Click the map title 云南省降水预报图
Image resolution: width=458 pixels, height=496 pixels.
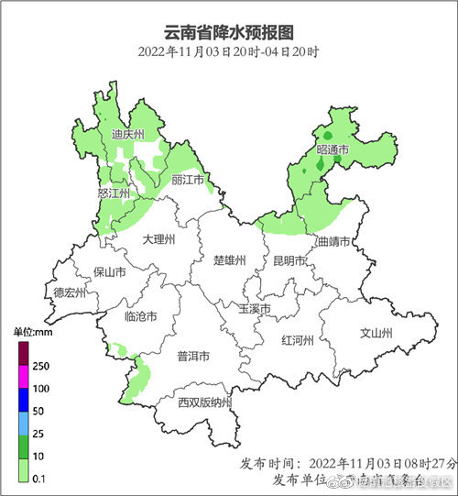(229, 31)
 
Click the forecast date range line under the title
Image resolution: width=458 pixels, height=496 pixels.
(229, 51)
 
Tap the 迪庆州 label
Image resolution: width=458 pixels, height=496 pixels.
(127, 135)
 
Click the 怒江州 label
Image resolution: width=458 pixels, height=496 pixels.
(114, 193)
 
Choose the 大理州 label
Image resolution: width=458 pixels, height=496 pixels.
(158, 238)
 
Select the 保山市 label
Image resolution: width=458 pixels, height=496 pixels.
(110, 272)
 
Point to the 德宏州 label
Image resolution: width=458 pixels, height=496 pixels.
(69, 293)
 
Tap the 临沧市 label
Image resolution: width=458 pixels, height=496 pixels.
(139, 316)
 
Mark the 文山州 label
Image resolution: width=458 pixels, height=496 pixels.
(375, 334)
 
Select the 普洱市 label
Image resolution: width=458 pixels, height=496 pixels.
(193, 357)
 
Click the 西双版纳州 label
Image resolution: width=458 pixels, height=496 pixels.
(204, 402)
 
